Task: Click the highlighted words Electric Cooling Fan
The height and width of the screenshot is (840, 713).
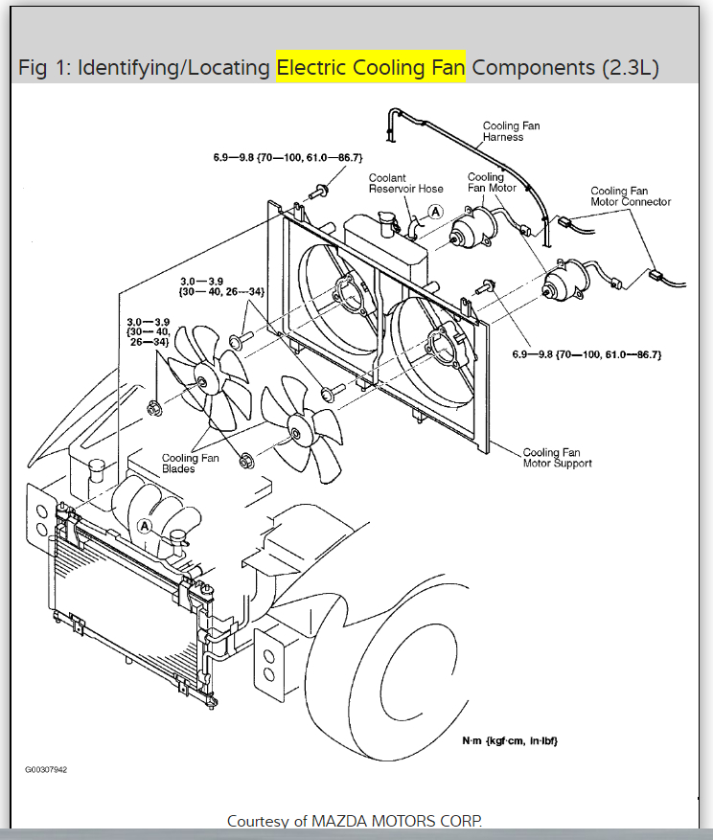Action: (370, 68)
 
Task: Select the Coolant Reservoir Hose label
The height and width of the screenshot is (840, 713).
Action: (406, 183)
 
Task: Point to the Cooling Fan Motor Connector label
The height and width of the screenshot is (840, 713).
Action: (631, 196)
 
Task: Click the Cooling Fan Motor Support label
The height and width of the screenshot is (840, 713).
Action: (557, 458)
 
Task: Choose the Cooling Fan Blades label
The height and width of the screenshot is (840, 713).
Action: (190, 464)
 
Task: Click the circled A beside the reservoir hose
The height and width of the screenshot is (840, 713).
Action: (435, 212)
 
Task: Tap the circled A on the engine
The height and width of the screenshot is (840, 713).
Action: (145, 526)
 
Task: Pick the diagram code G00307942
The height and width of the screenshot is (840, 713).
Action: (46, 769)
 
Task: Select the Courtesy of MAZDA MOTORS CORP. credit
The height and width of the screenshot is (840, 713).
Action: (355, 821)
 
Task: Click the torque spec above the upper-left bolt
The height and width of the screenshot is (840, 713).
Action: (287, 157)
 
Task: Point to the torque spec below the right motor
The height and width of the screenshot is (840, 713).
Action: (586, 354)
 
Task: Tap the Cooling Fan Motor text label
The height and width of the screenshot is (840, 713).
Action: (492, 182)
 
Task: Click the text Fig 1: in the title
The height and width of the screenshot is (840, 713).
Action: (44, 68)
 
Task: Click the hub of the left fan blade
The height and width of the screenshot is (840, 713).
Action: (203, 380)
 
